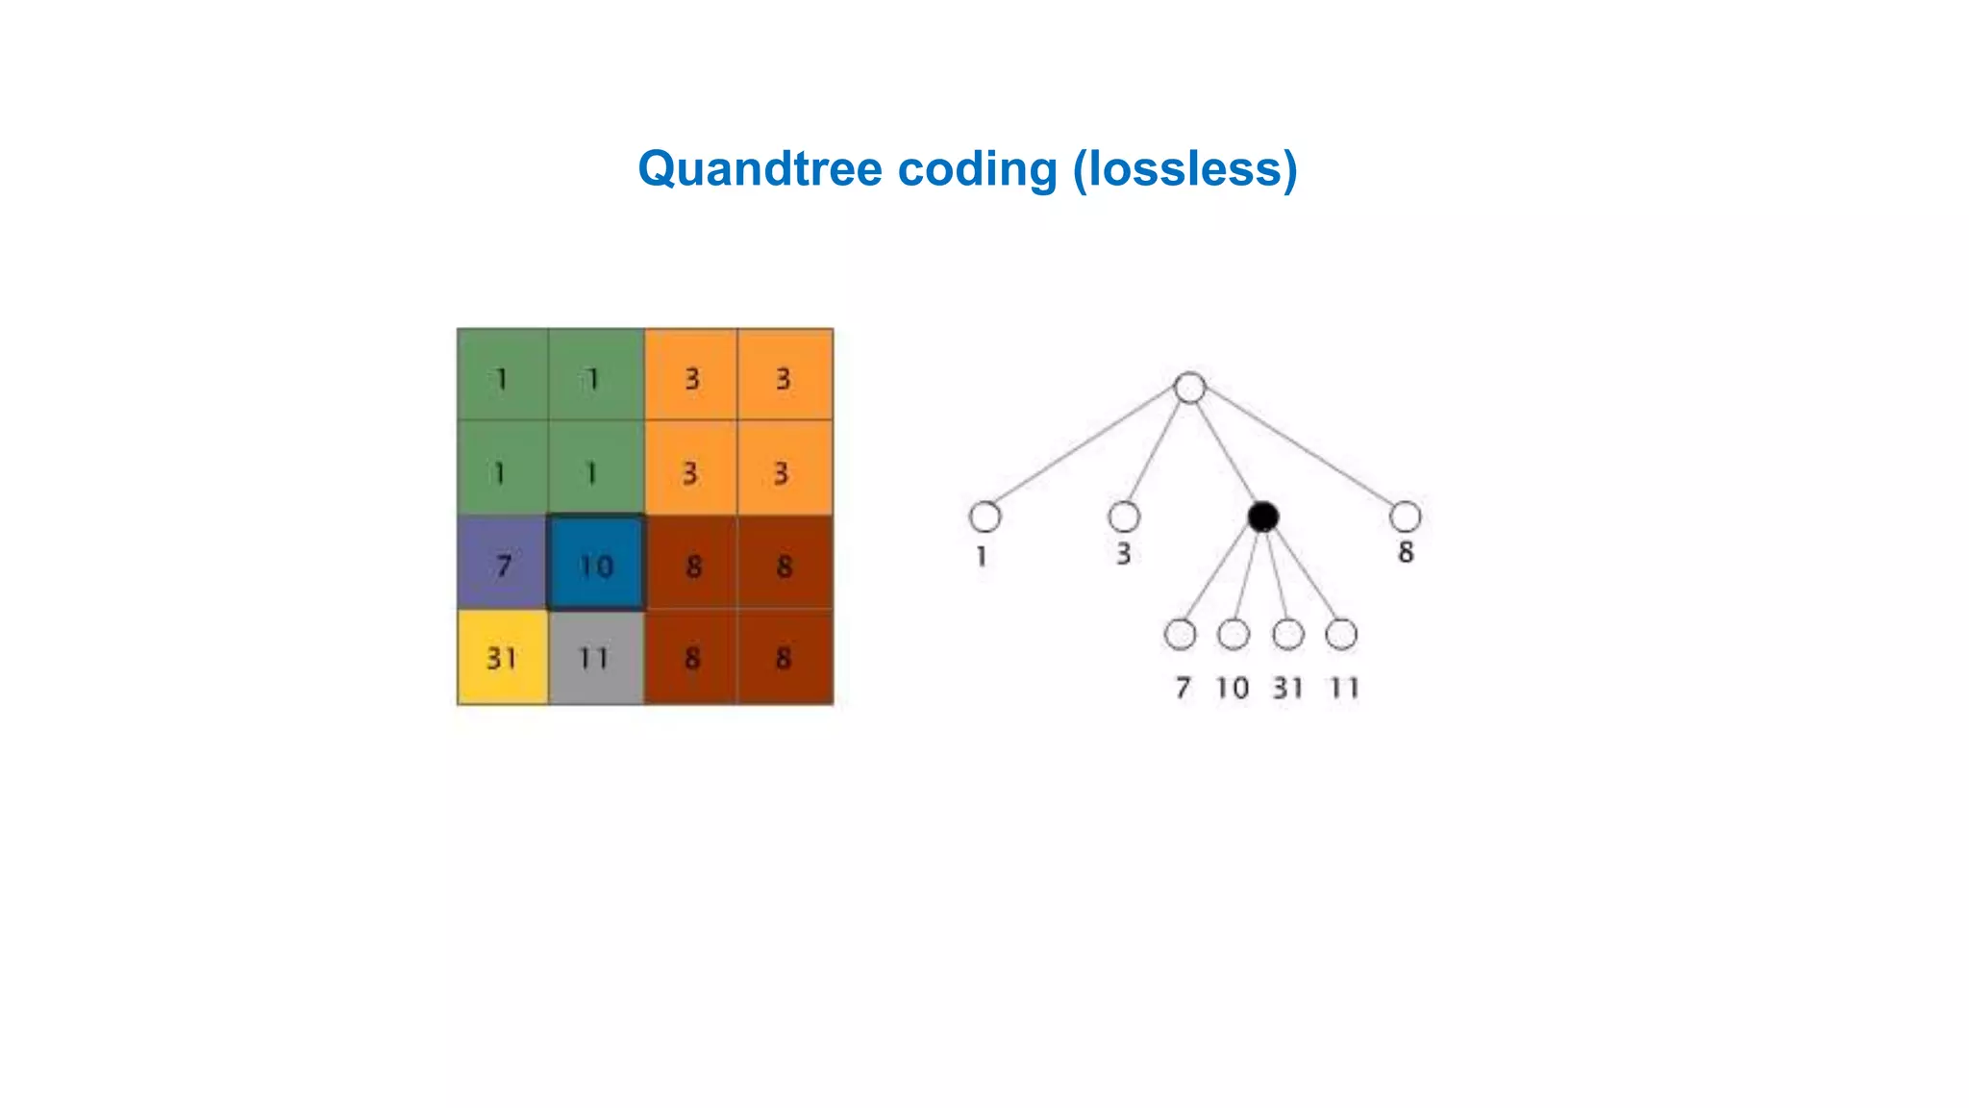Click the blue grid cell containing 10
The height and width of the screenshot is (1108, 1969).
[596, 564]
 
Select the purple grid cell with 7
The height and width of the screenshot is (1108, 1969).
[503, 564]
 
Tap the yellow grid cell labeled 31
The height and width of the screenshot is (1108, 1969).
[503, 658]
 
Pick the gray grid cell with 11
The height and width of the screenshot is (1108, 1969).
[596, 658]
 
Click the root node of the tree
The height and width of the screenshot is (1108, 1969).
[1190, 388]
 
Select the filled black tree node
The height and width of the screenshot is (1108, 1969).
[1262, 516]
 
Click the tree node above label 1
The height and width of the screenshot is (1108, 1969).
[984, 516]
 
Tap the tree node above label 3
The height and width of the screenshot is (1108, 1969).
[1124, 516]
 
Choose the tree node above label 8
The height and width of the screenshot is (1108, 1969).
[1405, 516]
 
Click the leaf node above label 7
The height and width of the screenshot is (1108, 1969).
[1180, 635]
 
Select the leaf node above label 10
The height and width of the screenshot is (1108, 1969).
[1234, 635]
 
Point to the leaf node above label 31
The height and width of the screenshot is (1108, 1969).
[1287, 635]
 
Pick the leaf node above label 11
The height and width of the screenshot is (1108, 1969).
[1341, 635]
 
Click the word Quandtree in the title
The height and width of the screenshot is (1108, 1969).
[760, 169]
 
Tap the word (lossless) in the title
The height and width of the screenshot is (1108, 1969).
[1185, 169]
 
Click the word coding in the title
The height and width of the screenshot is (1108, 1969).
[977, 169]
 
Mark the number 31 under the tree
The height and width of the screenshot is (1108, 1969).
[1288, 688]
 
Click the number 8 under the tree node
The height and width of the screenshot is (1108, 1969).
[1406, 553]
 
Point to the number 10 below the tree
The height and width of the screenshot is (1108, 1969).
[1233, 688]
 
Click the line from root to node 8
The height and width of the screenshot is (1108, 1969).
[1298, 452]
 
